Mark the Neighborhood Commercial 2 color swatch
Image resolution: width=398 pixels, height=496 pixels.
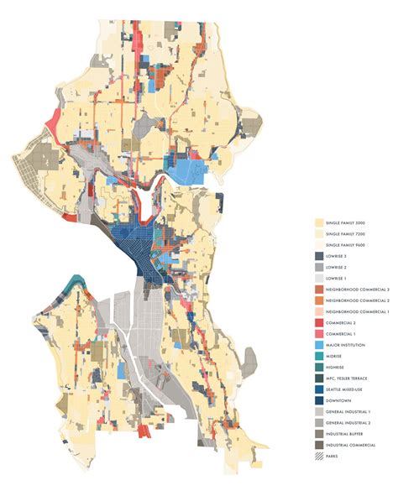[320, 300]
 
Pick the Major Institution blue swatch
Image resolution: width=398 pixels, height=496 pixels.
[320, 345]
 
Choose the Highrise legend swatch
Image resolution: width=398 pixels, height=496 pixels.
[320, 368]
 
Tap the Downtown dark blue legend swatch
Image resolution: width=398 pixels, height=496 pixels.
[320, 400]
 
